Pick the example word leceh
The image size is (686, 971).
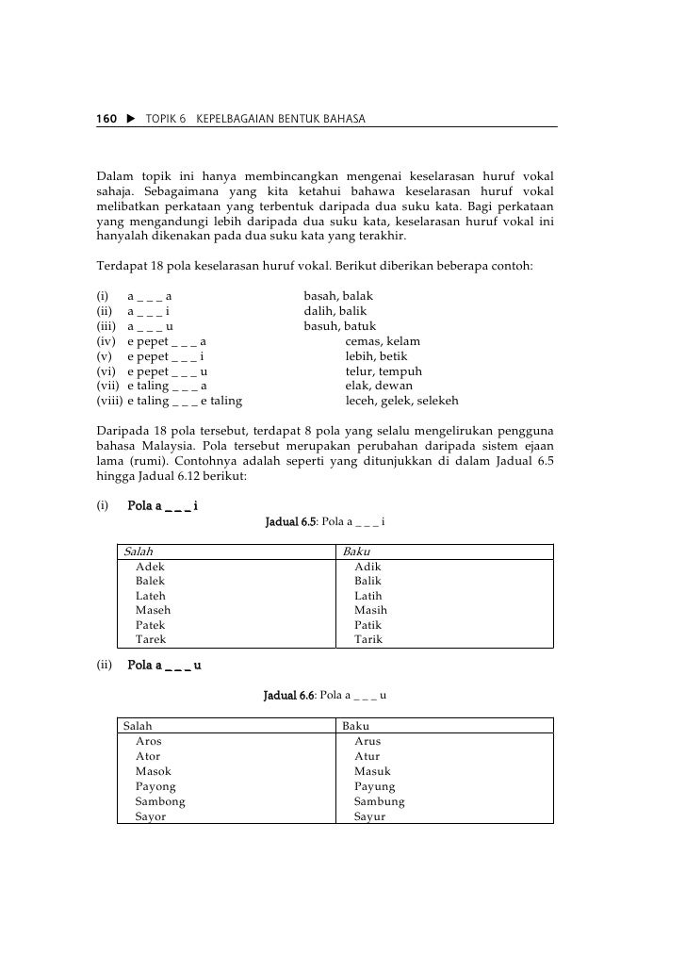point(364,401)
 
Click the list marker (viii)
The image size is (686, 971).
point(109,401)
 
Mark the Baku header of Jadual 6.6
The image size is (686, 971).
point(355,726)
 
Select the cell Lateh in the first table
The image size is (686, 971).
point(151,596)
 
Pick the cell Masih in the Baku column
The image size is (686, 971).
point(370,610)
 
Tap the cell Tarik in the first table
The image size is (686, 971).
point(368,639)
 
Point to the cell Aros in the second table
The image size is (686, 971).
point(149,741)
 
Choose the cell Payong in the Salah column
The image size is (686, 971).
point(155,786)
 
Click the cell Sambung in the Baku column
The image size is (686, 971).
point(379,801)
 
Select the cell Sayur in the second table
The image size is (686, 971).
point(369,816)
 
